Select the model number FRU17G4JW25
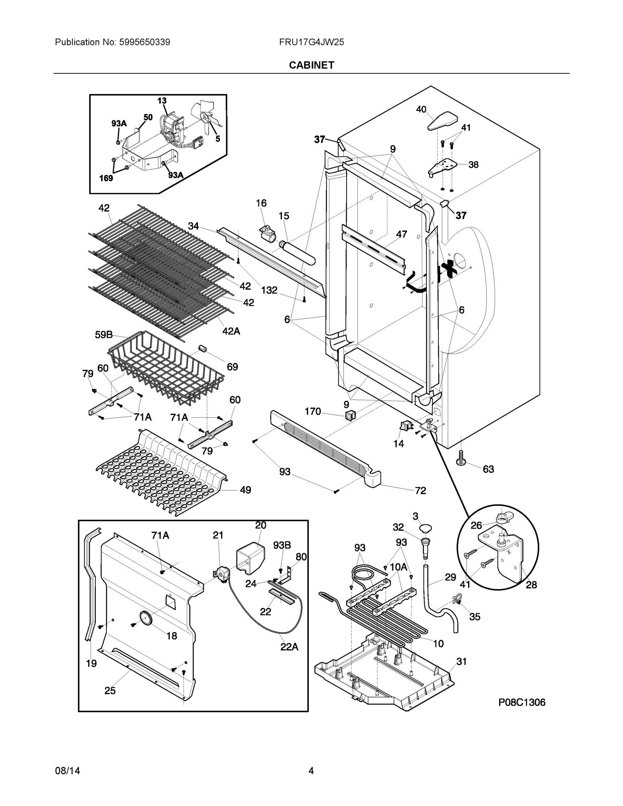click(x=311, y=42)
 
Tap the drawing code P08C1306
click(x=522, y=702)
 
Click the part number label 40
click(x=421, y=109)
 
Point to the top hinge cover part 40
click(x=443, y=121)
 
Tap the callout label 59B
click(x=104, y=335)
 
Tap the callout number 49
click(x=246, y=490)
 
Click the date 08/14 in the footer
click(x=68, y=771)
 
